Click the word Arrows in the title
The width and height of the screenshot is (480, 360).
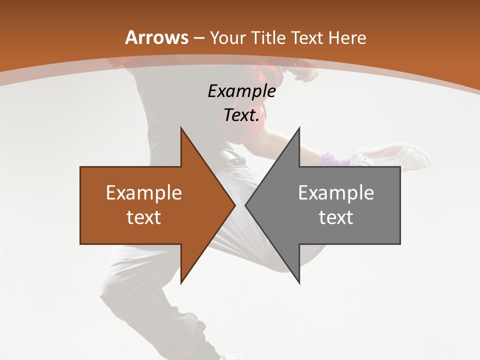(156, 37)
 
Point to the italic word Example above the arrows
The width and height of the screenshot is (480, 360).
(241, 91)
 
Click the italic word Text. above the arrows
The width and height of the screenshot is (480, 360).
(241, 115)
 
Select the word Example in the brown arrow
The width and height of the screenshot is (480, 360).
(144, 193)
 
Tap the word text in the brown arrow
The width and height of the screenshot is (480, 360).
(144, 217)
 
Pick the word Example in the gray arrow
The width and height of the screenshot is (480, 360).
(336, 193)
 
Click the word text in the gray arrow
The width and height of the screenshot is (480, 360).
(336, 217)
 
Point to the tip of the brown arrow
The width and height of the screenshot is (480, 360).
(234, 205)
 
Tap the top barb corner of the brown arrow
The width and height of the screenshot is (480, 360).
(181, 128)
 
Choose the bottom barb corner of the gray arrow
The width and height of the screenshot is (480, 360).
(299, 282)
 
